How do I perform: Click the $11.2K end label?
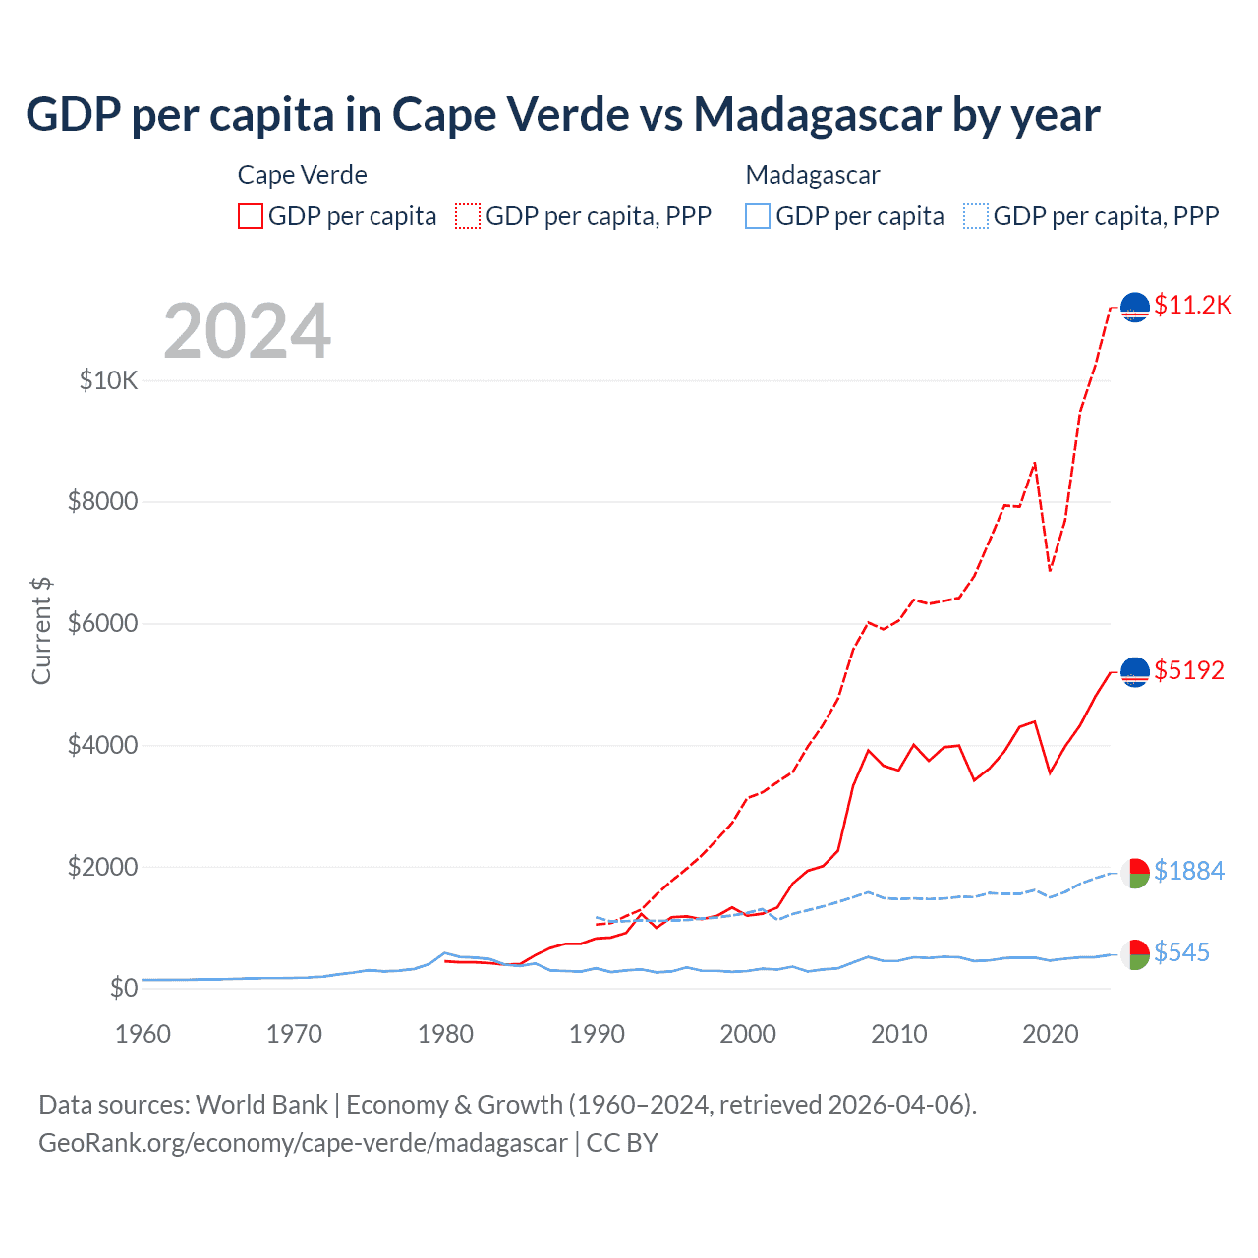[x=1192, y=305]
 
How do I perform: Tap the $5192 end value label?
[x=1189, y=670]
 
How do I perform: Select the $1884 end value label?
[x=1189, y=871]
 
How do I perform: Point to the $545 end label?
[x=1181, y=952]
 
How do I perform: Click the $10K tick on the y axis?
[x=109, y=380]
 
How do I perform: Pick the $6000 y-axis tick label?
[x=103, y=624]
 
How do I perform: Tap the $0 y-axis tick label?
[x=124, y=988]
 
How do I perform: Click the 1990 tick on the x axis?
[x=597, y=1034]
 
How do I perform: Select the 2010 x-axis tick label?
[x=899, y=1034]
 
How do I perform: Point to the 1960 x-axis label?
[x=143, y=1034]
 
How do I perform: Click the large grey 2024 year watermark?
[x=248, y=331]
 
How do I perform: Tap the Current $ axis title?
[x=41, y=631]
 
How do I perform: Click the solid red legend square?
[x=251, y=216]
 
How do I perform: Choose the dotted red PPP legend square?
[x=468, y=216]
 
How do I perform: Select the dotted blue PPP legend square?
[x=976, y=216]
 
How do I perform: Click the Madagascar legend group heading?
[x=813, y=175]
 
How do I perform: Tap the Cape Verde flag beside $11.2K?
[x=1135, y=308]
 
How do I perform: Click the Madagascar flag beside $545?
[x=1135, y=954]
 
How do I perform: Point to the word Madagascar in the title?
[x=818, y=114]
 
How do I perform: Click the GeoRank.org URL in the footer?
[x=303, y=1143]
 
